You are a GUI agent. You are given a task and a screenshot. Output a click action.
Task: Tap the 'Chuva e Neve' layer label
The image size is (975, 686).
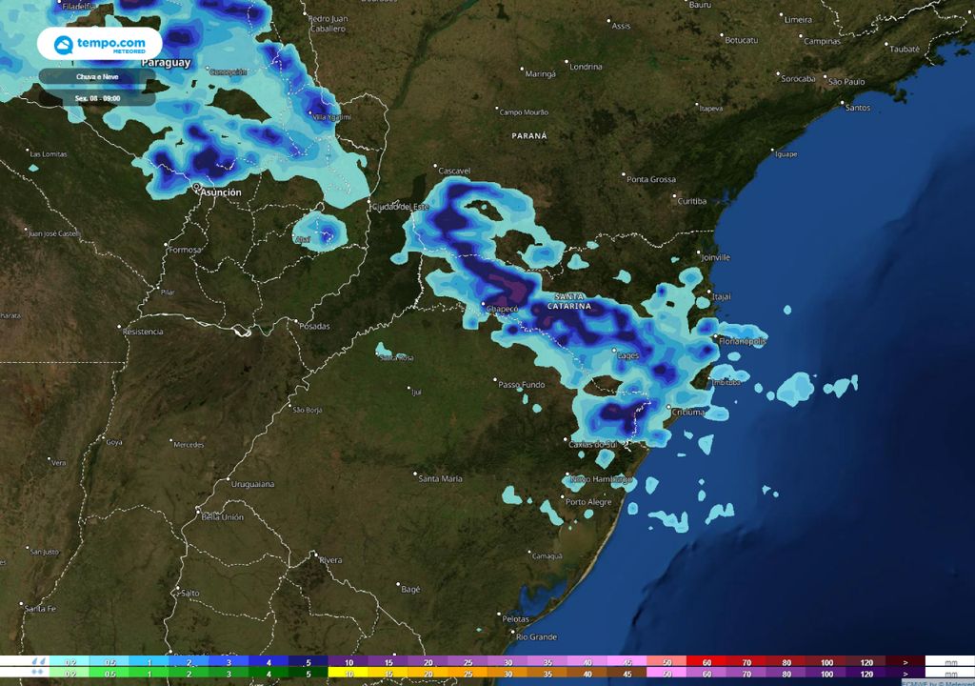[96, 75]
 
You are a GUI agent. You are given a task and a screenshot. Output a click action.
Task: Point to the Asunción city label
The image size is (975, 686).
[220, 192]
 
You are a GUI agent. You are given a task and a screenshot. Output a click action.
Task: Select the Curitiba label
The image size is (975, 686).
[691, 201]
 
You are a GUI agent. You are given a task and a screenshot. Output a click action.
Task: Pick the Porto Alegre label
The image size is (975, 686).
[588, 502]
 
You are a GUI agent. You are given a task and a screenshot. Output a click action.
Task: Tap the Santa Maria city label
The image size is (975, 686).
[440, 478]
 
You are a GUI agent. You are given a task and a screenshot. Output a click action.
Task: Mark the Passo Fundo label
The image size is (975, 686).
[522, 384]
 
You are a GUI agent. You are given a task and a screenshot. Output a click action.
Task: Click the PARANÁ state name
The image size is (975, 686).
[529, 136]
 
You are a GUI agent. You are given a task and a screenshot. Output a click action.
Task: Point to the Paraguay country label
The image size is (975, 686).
[167, 63]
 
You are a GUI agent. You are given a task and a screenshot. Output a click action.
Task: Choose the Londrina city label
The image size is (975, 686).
[586, 67]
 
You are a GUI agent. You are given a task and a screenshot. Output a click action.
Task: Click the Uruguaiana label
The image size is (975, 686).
[252, 485]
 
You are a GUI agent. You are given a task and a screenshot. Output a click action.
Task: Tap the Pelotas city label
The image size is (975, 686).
[515, 619]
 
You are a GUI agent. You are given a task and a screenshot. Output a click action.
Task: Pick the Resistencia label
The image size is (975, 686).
[143, 332]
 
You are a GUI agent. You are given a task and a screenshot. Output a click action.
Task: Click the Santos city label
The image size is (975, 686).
[857, 108]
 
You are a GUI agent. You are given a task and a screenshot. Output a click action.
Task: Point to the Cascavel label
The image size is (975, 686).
[454, 171]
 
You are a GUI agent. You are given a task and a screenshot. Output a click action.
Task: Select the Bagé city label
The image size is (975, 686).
[410, 590]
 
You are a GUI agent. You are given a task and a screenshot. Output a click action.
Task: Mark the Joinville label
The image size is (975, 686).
[713, 257]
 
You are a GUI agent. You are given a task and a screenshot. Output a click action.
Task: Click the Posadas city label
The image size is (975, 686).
[314, 327]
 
